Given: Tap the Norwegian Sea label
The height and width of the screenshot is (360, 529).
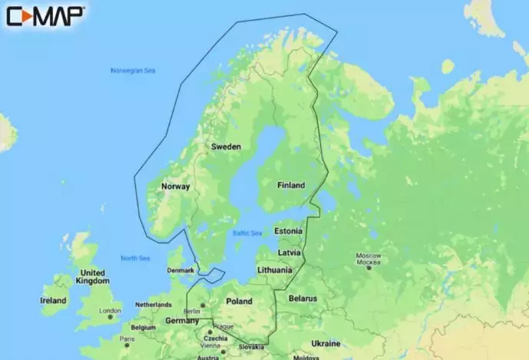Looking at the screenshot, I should [133, 71].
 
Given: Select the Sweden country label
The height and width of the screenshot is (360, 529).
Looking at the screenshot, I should [226, 147].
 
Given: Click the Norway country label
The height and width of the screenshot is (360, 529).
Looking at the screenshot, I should [176, 187].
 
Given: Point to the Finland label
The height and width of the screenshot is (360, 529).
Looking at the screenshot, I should [290, 186].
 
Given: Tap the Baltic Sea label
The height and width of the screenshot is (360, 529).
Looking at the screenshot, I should [247, 233].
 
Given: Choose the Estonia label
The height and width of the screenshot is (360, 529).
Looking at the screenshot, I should [289, 231].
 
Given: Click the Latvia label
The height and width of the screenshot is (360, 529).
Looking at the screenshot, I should [289, 252].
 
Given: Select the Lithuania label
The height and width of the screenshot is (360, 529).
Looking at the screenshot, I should [275, 270].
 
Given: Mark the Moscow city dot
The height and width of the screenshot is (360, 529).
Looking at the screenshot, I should [369, 268].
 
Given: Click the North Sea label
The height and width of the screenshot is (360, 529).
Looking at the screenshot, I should [135, 258].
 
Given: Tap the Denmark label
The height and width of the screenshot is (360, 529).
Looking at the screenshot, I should [180, 271].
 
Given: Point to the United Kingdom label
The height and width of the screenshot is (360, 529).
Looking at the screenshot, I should [93, 277].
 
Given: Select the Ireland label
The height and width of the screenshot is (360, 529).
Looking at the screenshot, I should [53, 301].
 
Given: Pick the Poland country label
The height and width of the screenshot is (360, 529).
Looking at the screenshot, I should [239, 302].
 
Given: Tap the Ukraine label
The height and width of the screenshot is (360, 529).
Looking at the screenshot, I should [326, 343].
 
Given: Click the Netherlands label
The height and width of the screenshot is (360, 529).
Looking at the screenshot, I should [154, 305].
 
